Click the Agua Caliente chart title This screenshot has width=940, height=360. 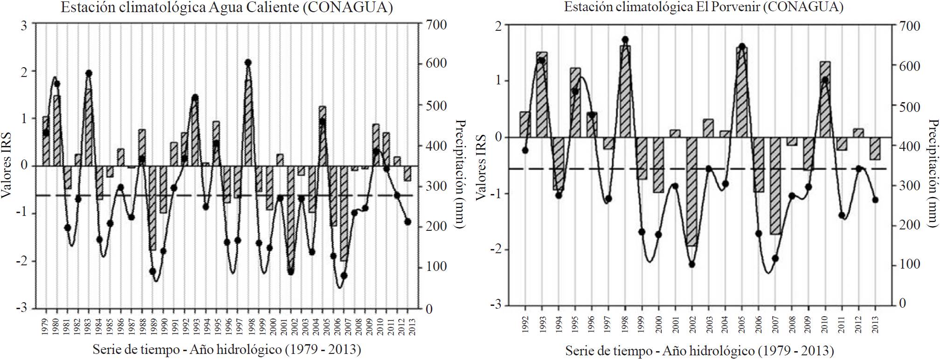click(226, 8)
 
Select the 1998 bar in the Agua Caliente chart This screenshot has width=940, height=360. click(249, 122)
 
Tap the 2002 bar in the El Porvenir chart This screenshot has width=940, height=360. click(692, 191)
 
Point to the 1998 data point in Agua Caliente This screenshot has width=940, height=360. click(248, 62)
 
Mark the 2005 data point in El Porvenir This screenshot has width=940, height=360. click(742, 46)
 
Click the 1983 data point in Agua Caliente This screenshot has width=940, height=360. click(89, 73)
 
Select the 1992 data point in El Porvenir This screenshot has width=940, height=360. click(525, 150)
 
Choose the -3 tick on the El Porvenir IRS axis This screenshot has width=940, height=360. click(496, 305)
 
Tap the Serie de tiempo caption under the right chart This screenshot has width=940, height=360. click(699, 351)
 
